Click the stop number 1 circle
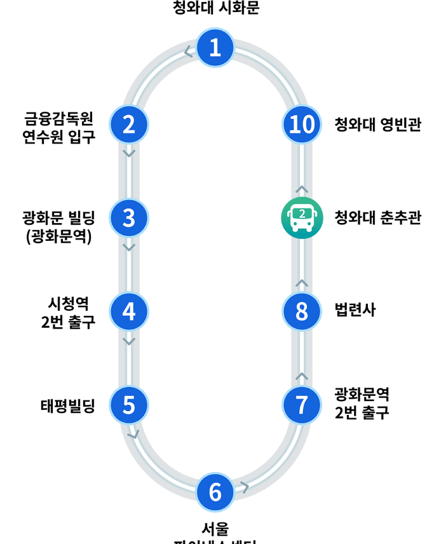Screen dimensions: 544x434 coord(215,48)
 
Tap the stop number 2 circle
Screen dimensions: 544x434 coord(129,125)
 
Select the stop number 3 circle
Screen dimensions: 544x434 coord(129,218)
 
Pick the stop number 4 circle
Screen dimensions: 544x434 coord(129,311)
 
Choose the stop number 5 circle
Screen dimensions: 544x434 coord(129,405)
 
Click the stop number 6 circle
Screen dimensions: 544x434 coord(215,492)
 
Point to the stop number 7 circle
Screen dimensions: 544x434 coord(302,405)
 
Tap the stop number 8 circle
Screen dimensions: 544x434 coord(302,311)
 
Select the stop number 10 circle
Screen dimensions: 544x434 coord(302,125)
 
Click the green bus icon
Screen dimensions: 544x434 coord(302,218)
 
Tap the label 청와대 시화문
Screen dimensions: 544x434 coord(216,8)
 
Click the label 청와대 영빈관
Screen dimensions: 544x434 coord(377,125)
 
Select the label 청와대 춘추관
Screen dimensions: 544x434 coord(377,219)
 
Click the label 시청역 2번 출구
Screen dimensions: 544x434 coord(68,311)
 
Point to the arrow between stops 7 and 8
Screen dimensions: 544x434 coord(302,376)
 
